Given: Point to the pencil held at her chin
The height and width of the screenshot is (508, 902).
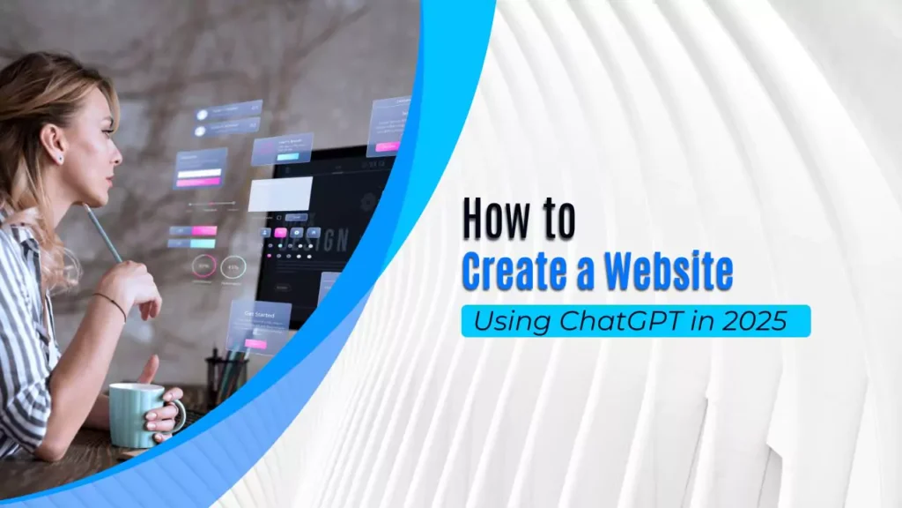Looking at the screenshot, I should (x=104, y=233).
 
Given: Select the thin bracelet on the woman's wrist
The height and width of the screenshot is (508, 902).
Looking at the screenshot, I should (x=110, y=303).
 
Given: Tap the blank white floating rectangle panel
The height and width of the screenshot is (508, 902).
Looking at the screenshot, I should (x=279, y=194).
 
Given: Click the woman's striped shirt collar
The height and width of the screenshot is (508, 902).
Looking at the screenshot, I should (x=26, y=238).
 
